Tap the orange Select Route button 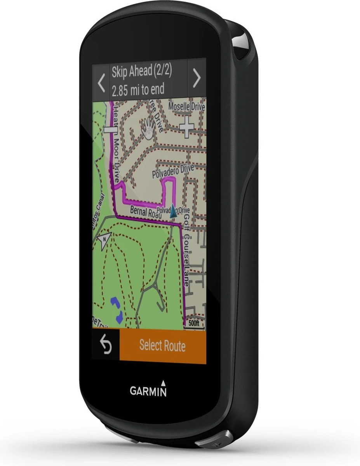pos(162,346)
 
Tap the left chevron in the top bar pos(101,82)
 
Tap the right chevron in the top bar pos(197,78)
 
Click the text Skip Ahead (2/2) pos(142,72)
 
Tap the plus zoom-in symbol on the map pos(187,127)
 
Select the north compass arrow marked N pos(104,241)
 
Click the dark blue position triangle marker pos(174,210)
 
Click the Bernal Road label pos(143,212)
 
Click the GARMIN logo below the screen pos(148,390)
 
